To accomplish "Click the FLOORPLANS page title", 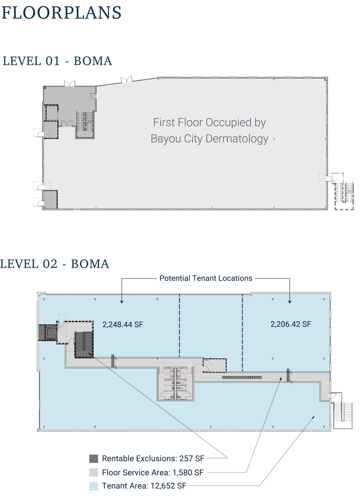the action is (x=61, y=13).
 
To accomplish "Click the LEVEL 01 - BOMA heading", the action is (x=57, y=61).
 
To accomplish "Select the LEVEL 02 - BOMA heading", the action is (x=55, y=264).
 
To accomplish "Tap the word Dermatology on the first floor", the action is (x=237, y=139).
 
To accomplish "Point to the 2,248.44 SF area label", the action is (x=123, y=325).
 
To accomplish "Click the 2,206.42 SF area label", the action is (x=291, y=324).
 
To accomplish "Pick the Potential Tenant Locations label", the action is (x=206, y=278).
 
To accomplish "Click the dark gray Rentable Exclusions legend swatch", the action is (x=93, y=458).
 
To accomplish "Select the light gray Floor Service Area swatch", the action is (x=93, y=473).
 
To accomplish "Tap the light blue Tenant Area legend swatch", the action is (x=93, y=486).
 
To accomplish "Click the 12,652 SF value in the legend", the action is (x=168, y=486).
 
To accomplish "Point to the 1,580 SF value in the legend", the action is (x=188, y=473).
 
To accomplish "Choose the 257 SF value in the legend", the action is (x=192, y=458).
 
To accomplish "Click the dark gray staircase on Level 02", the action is (x=84, y=344).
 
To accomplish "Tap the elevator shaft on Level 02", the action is (x=51, y=333).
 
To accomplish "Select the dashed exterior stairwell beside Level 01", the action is (x=344, y=192).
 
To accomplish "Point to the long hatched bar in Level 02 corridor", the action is (x=242, y=378).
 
